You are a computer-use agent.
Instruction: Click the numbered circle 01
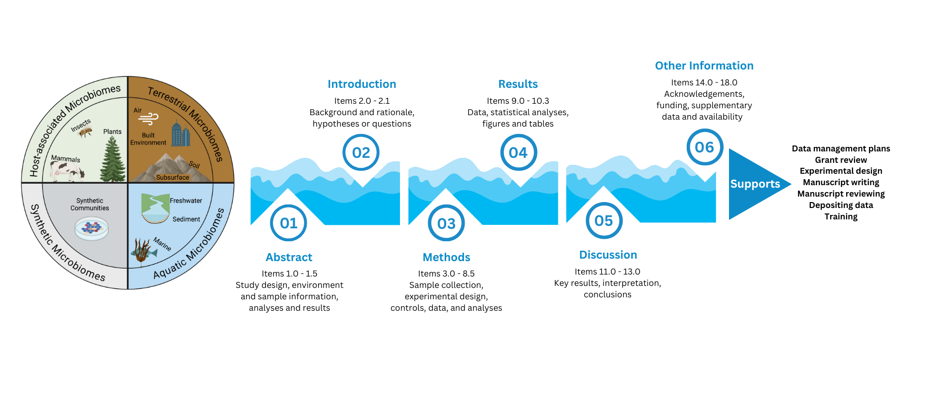pos(288,223)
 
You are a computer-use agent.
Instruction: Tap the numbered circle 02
pos(361,152)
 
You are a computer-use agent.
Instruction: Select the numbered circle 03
pos(446,223)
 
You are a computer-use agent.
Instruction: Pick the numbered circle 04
pos(518,152)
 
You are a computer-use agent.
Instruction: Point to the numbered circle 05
pos(603,220)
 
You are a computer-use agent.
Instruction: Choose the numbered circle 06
pos(704,147)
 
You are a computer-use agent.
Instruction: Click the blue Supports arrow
pos(755,184)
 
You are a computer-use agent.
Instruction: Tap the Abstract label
pos(289,257)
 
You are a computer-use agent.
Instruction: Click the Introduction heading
pos(362,84)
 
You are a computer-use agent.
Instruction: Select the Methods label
pos(446,257)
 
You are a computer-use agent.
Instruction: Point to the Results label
pos(518,84)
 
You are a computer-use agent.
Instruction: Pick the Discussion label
pos(608,255)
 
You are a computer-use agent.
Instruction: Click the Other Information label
pos(704,66)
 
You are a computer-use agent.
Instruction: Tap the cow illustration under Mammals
pos(67,172)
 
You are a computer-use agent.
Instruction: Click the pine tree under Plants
pos(113,159)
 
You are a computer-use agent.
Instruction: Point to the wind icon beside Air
pos(148,119)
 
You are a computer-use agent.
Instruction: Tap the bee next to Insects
pos(85,132)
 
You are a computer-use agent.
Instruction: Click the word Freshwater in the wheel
pos(186,201)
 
